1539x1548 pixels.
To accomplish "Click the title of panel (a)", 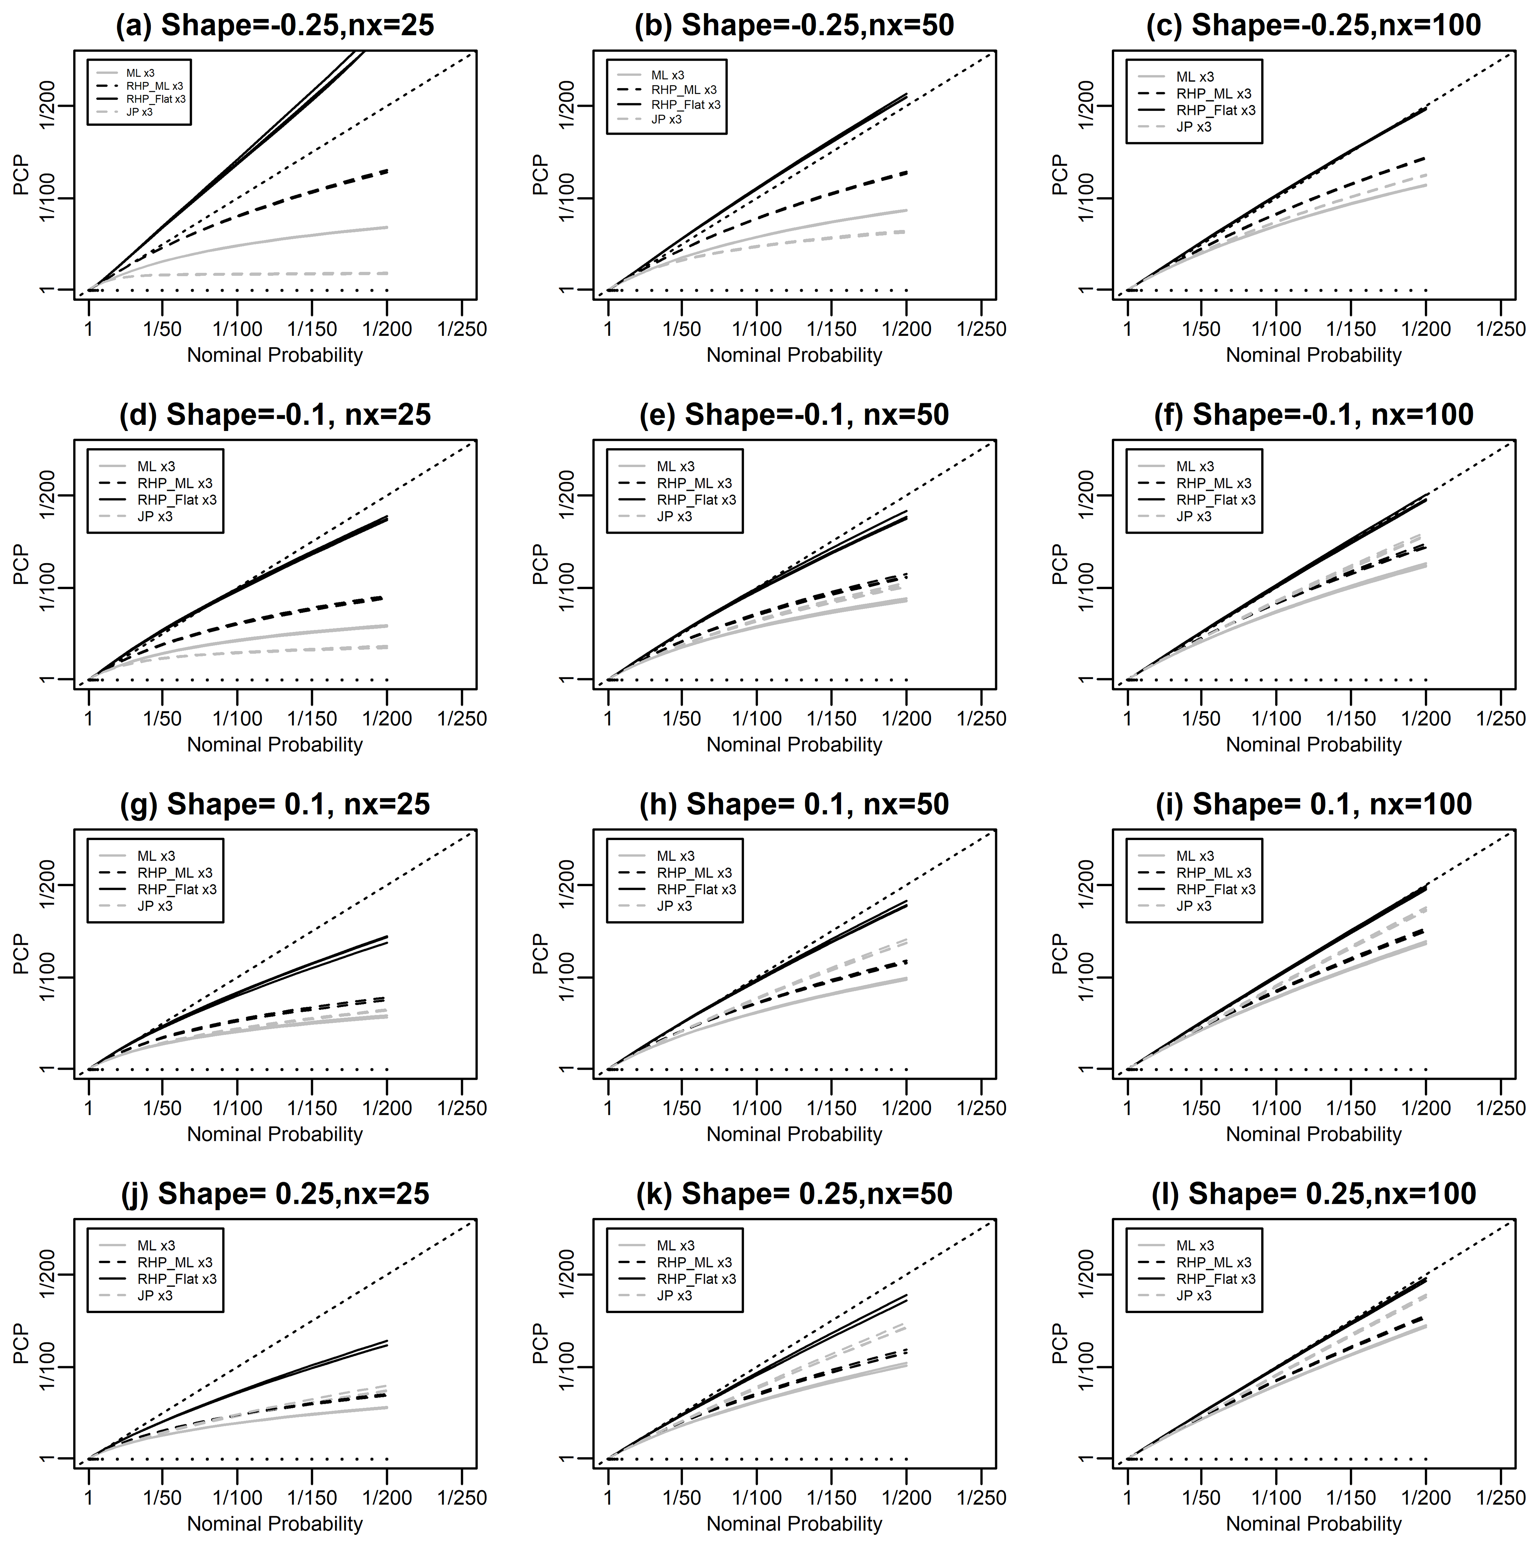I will tap(275, 26).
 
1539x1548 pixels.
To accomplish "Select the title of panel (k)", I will tap(794, 1194).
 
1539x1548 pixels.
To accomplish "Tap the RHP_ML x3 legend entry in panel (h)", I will tap(694, 873).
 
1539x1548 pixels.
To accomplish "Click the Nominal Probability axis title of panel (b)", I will tap(794, 355).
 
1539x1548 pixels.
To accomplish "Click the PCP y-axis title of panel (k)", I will tap(541, 1343).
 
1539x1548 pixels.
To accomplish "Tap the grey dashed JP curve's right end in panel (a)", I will tap(387, 273).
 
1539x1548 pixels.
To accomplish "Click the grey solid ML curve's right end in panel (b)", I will tap(907, 210).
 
